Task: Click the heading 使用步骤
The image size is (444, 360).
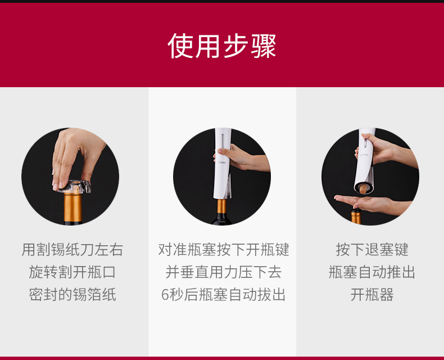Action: [221, 46]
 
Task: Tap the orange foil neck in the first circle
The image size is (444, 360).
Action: [73, 208]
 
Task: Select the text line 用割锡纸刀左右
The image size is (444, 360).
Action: [73, 250]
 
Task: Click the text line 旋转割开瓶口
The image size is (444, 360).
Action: [73, 272]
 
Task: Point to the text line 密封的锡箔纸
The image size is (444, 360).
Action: [73, 295]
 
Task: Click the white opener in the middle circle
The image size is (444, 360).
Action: [223, 164]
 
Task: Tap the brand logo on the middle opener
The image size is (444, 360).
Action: [222, 163]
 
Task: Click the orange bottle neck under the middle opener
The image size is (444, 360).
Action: [221, 206]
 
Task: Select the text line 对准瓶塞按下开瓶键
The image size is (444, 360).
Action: [224, 250]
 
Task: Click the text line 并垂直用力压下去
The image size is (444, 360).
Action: [224, 272]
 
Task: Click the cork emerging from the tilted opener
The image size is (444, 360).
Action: [363, 188]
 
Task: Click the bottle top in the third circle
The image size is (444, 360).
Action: [356, 216]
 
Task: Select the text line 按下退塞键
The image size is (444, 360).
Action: [372, 250]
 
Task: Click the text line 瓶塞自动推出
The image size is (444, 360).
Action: [372, 272]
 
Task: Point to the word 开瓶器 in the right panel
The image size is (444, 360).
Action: [372, 295]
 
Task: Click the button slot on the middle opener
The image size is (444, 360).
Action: [223, 141]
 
